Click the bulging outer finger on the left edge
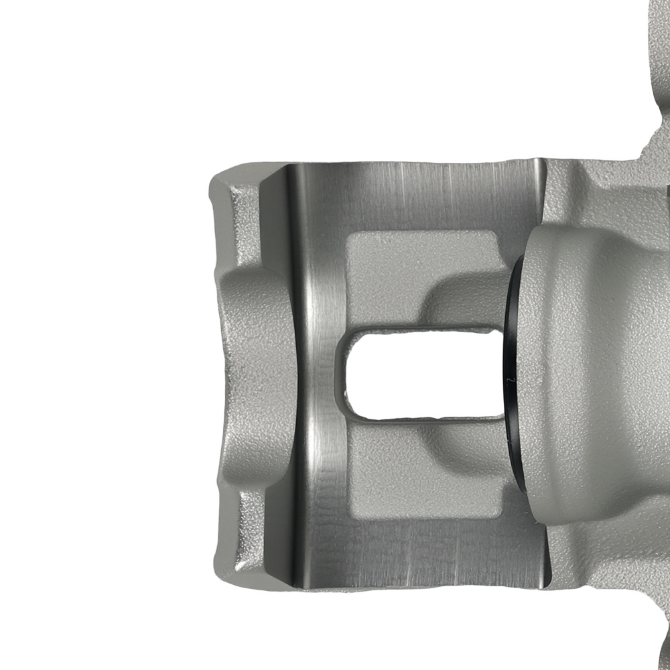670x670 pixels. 258,375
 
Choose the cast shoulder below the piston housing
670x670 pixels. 590,556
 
